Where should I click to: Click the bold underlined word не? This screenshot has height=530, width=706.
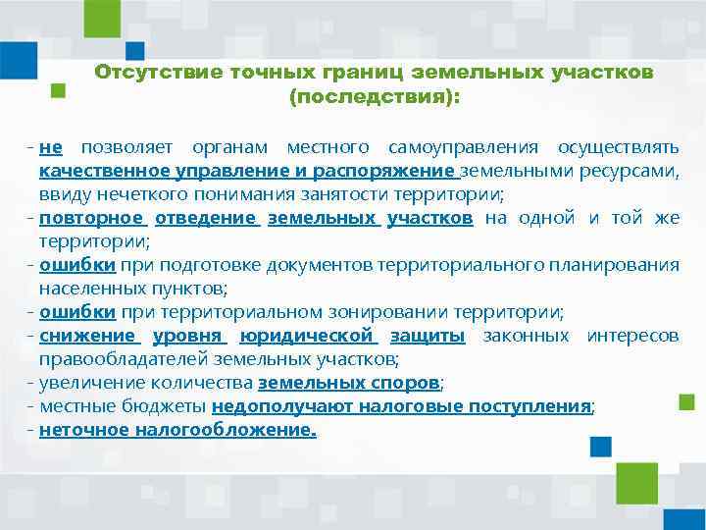[x=51, y=147]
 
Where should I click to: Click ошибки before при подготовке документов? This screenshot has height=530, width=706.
[x=77, y=265]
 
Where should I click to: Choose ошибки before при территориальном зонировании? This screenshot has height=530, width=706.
[x=77, y=312]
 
